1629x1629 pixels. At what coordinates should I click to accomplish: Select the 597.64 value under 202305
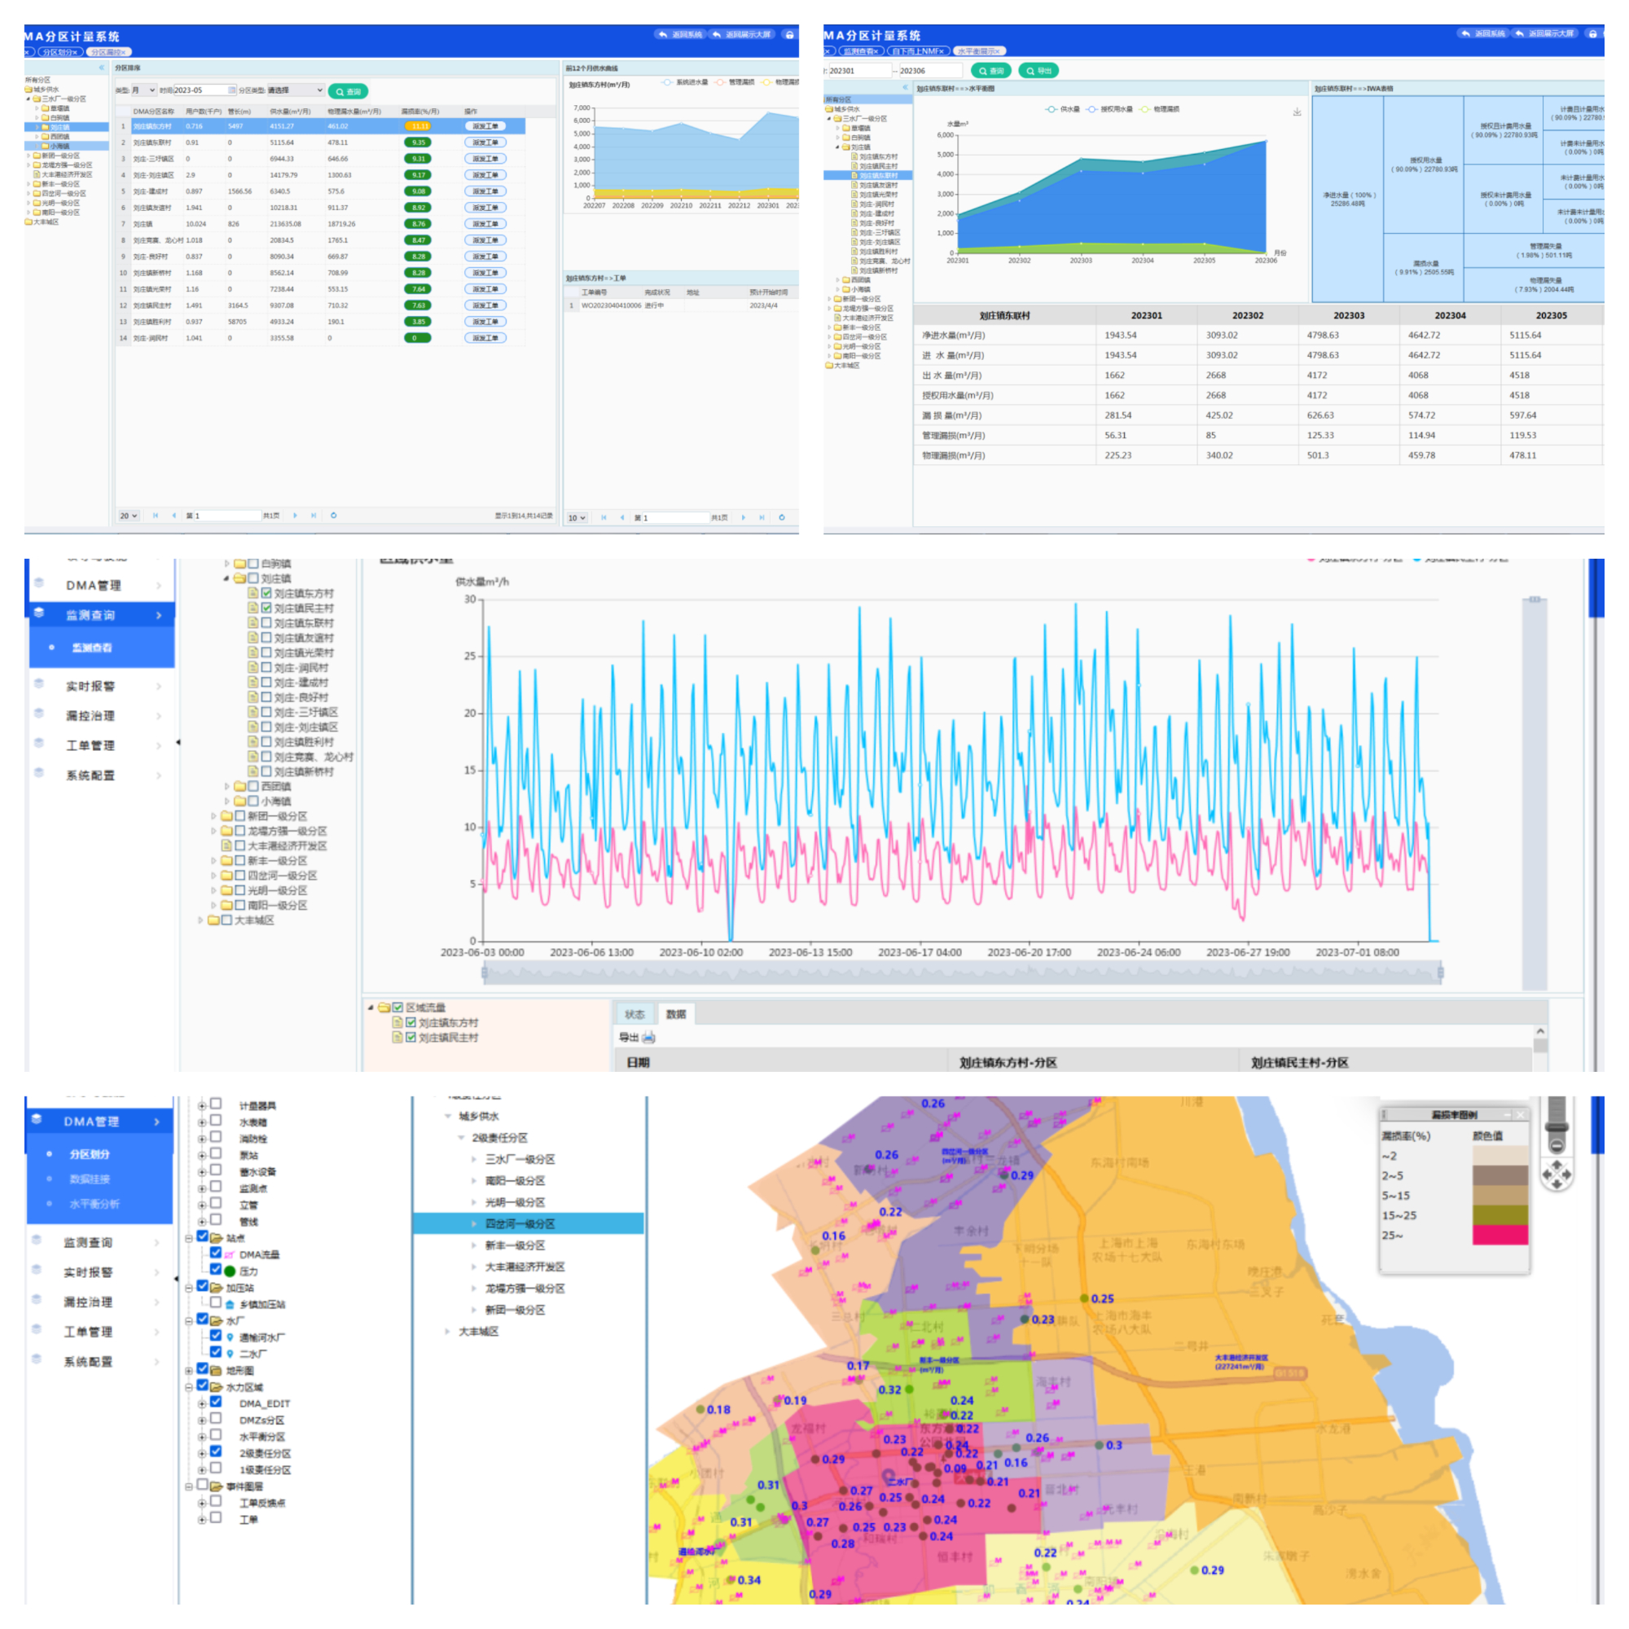pos(1523,415)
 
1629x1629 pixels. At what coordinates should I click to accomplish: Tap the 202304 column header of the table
pos(1450,315)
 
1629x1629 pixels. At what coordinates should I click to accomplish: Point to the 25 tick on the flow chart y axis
pos(470,656)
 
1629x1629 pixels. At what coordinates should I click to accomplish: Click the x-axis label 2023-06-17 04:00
pos(919,952)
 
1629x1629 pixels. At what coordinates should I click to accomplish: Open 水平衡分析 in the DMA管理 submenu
pos(94,1204)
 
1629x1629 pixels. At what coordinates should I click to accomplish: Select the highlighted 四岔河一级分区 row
pos(520,1223)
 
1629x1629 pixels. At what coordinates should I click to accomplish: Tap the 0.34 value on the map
pos(749,1580)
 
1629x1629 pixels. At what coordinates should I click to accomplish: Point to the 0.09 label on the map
pos(955,1468)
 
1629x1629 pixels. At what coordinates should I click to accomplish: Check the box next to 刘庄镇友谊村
pos(266,638)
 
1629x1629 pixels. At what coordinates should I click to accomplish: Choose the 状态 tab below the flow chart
pos(634,1014)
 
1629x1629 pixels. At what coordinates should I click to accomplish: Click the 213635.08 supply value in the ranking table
pos(285,224)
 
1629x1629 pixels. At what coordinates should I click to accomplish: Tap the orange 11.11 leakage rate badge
pos(418,126)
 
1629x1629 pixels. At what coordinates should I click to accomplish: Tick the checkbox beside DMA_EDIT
pos(216,1403)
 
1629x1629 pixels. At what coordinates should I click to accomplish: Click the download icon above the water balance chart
pos(1297,112)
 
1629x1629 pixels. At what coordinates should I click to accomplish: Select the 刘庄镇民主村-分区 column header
pos(1298,1062)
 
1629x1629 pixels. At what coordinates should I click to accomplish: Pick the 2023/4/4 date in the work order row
pos(763,305)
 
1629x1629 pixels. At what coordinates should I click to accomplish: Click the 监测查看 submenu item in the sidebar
pos(92,648)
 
